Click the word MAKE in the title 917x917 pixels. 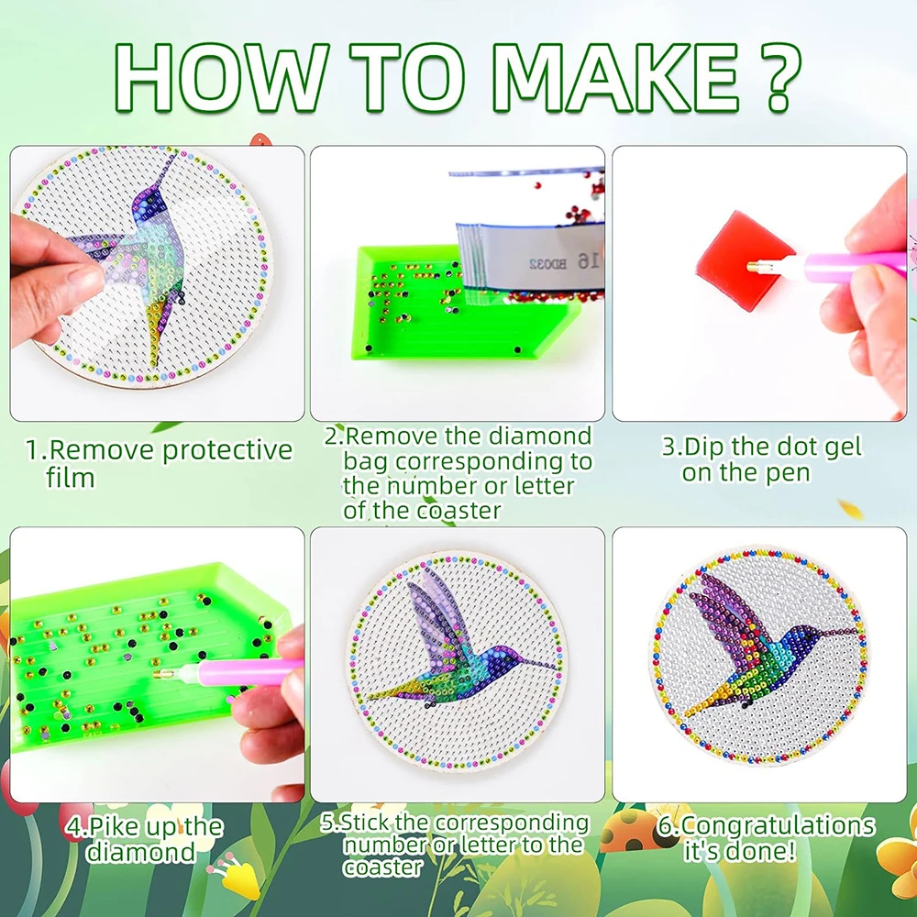[x=614, y=78]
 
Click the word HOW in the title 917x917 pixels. [x=220, y=78]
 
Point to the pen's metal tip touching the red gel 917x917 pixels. [x=756, y=267]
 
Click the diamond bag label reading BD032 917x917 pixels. [x=547, y=264]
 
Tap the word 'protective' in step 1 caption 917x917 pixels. [x=227, y=451]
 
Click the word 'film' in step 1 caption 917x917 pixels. [x=71, y=478]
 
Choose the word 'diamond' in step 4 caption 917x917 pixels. [x=141, y=852]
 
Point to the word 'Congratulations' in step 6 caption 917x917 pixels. [x=779, y=826]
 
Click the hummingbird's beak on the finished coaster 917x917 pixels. [x=838, y=631]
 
